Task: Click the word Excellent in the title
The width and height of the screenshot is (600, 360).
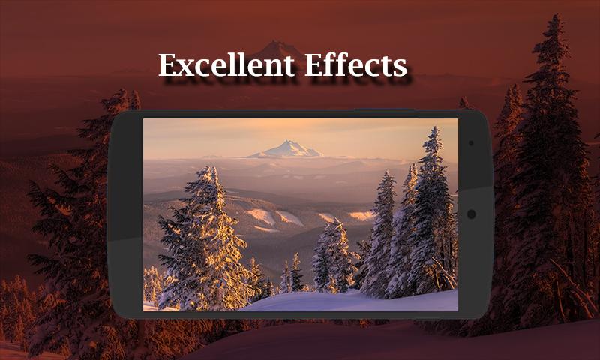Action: coord(226,65)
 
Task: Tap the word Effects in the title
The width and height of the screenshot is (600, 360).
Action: coord(355,65)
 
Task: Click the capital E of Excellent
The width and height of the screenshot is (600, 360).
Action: coord(167,65)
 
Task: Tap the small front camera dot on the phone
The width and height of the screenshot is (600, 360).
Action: coord(471,143)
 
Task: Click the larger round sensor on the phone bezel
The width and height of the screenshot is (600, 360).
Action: coord(472,214)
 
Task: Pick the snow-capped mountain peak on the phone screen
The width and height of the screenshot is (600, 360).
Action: coord(287,148)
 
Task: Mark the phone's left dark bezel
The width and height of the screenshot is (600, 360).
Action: coord(125,214)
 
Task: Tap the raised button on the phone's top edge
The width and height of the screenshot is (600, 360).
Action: coord(385,110)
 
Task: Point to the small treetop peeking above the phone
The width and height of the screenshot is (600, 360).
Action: coord(464,103)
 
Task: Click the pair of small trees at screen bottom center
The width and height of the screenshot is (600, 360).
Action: coord(292,274)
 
